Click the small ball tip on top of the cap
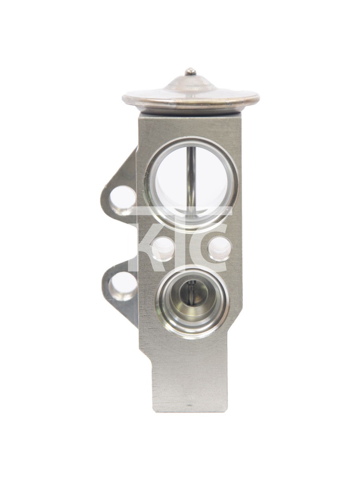click(190, 72)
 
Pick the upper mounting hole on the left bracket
click(122, 200)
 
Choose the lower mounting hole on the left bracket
click(123, 286)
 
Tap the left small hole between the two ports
click(164, 249)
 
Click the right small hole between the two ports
click(220, 248)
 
